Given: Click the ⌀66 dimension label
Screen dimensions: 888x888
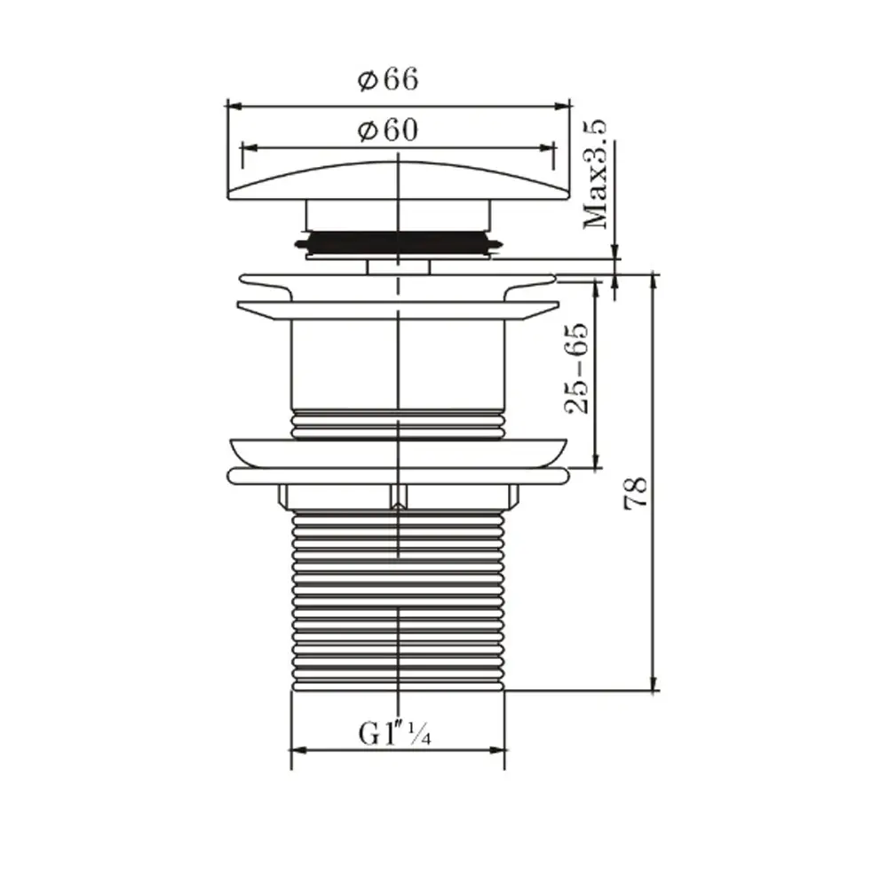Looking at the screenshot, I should (x=388, y=80).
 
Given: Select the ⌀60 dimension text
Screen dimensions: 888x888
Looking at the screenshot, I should (x=388, y=131).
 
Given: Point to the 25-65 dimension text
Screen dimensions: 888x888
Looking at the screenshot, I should (x=577, y=368).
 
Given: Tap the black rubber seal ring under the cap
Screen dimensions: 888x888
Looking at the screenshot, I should (x=398, y=242).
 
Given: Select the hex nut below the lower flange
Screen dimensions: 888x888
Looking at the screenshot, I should (x=398, y=496).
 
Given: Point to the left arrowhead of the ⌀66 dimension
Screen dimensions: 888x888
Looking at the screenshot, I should (x=234, y=105).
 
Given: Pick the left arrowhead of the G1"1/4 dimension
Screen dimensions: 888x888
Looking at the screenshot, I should (x=297, y=750).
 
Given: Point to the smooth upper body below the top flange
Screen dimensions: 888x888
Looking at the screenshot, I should (x=398, y=364).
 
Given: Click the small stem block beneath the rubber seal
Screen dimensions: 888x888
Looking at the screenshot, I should (x=398, y=266).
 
